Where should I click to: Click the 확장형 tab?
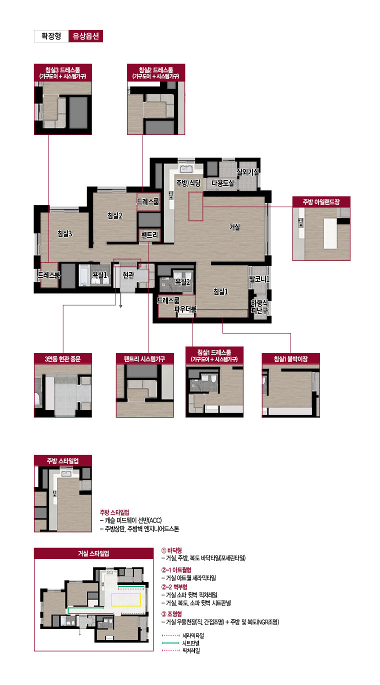coord(51,36)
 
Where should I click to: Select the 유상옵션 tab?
coord(85,36)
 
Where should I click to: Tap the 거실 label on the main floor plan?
coord(234,227)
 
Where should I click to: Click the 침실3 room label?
coord(65,233)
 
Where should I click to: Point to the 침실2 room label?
coord(115,215)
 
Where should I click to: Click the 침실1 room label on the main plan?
coord(220,291)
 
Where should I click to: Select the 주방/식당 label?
coord(188,183)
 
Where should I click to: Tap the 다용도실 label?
coord(223,183)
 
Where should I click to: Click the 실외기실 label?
coord(248,172)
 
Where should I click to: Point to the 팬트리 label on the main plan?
coord(149,235)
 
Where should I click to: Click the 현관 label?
coord(128,275)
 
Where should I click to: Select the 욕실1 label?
coord(100,275)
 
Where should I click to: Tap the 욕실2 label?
coord(182,282)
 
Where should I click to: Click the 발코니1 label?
coord(259,279)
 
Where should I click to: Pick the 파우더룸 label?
coord(185,309)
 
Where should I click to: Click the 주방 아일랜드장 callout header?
coord(321,202)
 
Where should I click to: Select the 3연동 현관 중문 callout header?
coord(63,358)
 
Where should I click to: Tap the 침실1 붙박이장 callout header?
coord(290,358)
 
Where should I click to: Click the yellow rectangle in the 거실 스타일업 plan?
coord(126,599)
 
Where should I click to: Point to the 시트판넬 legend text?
coord(191,643)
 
